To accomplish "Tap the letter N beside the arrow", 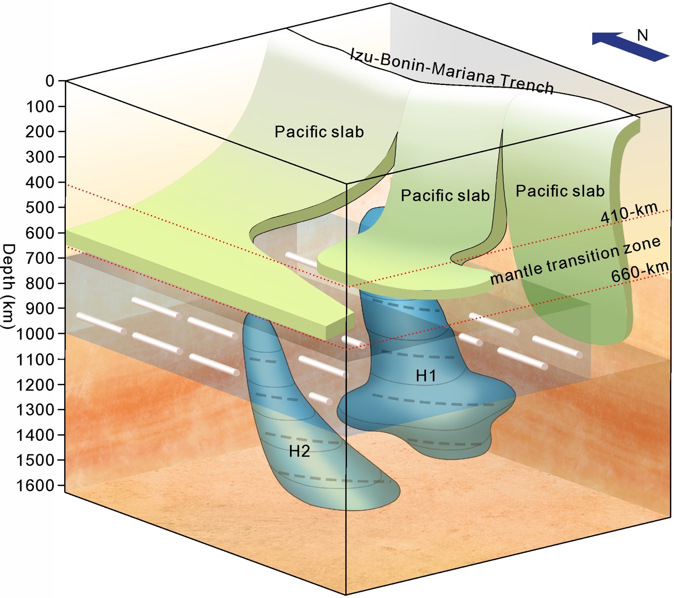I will [x=643, y=35].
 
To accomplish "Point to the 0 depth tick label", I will [x=50, y=81].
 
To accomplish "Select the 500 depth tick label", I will [x=40, y=207].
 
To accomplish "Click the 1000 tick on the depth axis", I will [x=36, y=334].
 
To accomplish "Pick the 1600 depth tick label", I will [x=36, y=485].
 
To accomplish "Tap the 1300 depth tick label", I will [x=36, y=410].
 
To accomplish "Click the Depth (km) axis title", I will [x=9, y=287].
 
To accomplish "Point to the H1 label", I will [x=425, y=376].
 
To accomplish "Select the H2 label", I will [x=299, y=451].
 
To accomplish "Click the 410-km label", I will [x=629, y=212].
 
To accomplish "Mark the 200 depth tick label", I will [x=40, y=132].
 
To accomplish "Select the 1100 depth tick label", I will [x=36, y=360].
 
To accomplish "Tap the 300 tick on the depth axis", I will [x=40, y=157].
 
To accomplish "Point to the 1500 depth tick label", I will [x=36, y=460].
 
